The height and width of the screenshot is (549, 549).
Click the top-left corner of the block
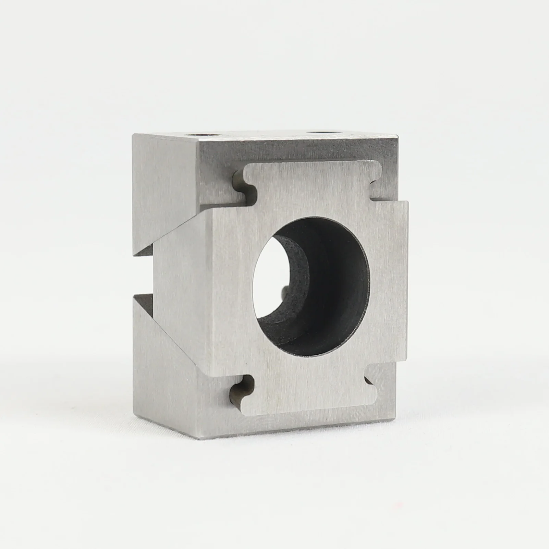click(x=133, y=135)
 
